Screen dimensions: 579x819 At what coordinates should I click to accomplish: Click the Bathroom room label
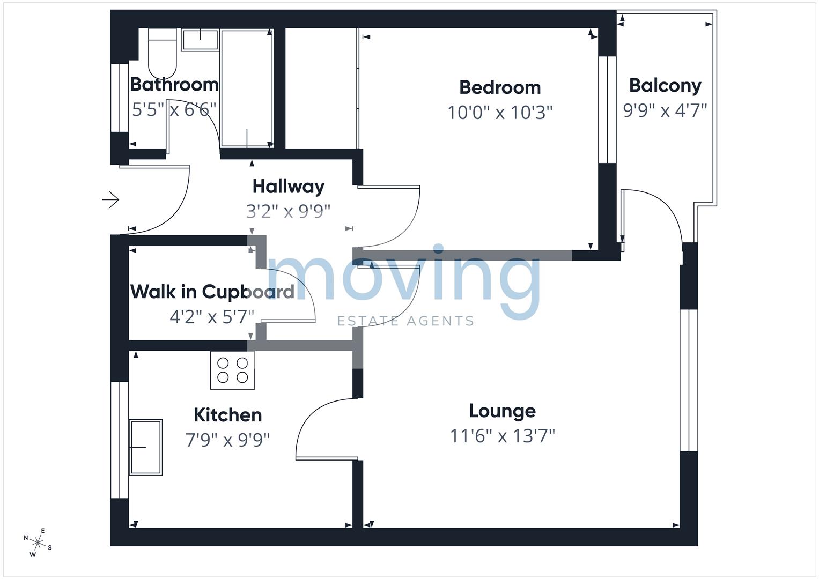(x=174, y=85)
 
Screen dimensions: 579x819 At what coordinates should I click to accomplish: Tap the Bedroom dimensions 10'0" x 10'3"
(x=500, y=113)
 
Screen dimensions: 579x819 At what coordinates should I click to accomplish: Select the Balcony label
(x=665, y=86)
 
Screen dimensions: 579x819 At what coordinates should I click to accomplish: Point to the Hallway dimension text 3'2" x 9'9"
(x=288, y=211)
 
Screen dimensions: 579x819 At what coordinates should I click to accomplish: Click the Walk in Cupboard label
(x=212, y=292)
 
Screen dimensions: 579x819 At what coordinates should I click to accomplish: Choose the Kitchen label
(x=227, y=415)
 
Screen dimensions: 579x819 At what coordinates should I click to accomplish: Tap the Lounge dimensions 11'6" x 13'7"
(x=502, y=436)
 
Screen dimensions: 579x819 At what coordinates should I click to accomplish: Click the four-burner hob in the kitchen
(x=232, y=370)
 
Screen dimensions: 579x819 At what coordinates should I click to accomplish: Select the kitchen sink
(x=145, y=447)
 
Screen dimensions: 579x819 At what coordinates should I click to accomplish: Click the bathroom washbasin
(x=200, y=40)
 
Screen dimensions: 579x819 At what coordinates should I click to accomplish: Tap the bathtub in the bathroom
(x=246, y=88)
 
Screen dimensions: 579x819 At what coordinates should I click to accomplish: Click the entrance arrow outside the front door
(x=111, y=199)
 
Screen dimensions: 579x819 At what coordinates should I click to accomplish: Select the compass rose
(x=38, y=542)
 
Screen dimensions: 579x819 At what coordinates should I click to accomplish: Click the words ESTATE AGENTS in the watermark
(x=405, y=321)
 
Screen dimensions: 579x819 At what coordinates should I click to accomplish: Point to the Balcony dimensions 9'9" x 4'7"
(x=665, y=110)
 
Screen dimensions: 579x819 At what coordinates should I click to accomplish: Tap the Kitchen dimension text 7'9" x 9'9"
(x=227, y=440)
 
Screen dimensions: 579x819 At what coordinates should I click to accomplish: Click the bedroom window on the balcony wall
(x=607, y=109)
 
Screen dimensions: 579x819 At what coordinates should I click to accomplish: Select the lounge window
(x=689, y=380)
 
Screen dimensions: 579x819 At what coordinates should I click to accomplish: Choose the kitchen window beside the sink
(x=119, y=440)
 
